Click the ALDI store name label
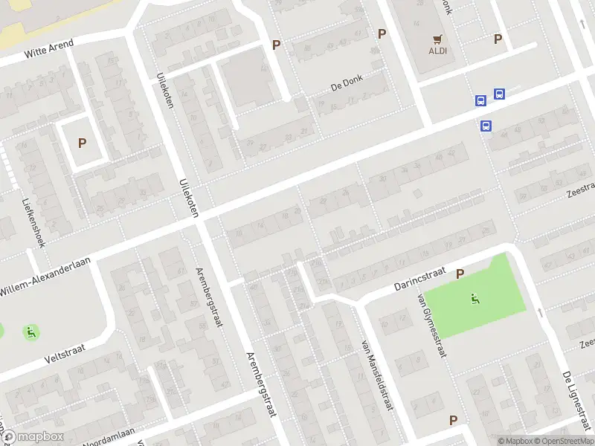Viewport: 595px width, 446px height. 437,51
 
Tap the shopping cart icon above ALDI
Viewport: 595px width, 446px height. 437,39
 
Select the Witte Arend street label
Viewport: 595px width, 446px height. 48,49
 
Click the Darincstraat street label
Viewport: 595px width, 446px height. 419,284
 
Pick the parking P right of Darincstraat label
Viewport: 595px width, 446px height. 460,274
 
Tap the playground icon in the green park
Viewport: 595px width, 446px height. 475,300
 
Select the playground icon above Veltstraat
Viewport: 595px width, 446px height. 30,332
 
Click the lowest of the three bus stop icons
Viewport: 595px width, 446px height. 486,126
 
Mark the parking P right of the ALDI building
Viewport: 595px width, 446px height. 498,39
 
